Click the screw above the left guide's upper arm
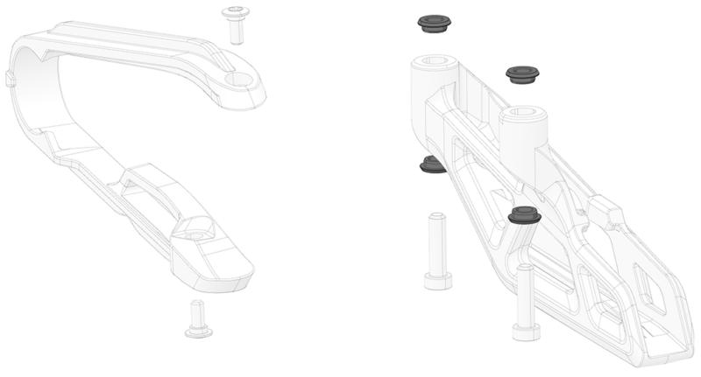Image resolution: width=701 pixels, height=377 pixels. pyautogui.click(x=234, y=24)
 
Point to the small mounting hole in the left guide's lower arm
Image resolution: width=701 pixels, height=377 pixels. pyautogui.click(x=196, y=234)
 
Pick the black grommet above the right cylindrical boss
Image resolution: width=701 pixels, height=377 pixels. pyautogui.click(x=522, y=74)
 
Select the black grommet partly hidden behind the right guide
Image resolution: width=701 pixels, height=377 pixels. pyautogui.click(x=431, y=164)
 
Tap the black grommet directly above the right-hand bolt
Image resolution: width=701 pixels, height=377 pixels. pyautogui.click(x=524, y=215)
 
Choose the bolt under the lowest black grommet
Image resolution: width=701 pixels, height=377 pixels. pyautogui.click(x=526, y=302)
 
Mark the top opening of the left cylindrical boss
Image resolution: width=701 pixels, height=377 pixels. pyautogui.click(x=434, y=62)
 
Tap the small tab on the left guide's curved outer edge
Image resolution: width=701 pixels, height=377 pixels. pyautogui.click(x=10, y=80)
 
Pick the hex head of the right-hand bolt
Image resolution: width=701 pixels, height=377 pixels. pyautogui.click(x=526, y=331)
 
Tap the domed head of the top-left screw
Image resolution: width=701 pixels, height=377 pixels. pyautogui.click(x=234, y=12)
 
